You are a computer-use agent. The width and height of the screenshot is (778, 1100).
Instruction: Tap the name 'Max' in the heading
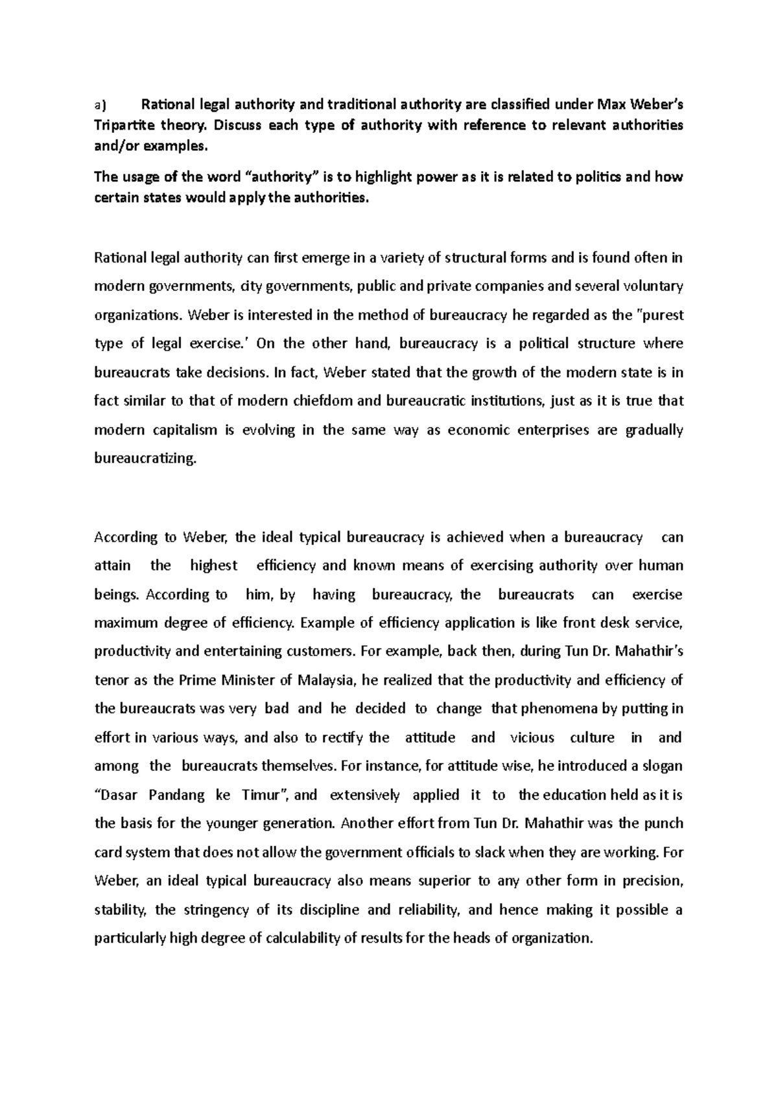608,104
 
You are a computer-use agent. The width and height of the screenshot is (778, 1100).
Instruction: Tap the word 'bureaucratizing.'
145,459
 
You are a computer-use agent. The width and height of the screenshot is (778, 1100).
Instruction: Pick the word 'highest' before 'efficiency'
214,566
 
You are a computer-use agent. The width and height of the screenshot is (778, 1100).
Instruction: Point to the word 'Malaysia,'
327,680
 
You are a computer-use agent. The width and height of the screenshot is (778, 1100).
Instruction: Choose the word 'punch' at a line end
663,823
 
